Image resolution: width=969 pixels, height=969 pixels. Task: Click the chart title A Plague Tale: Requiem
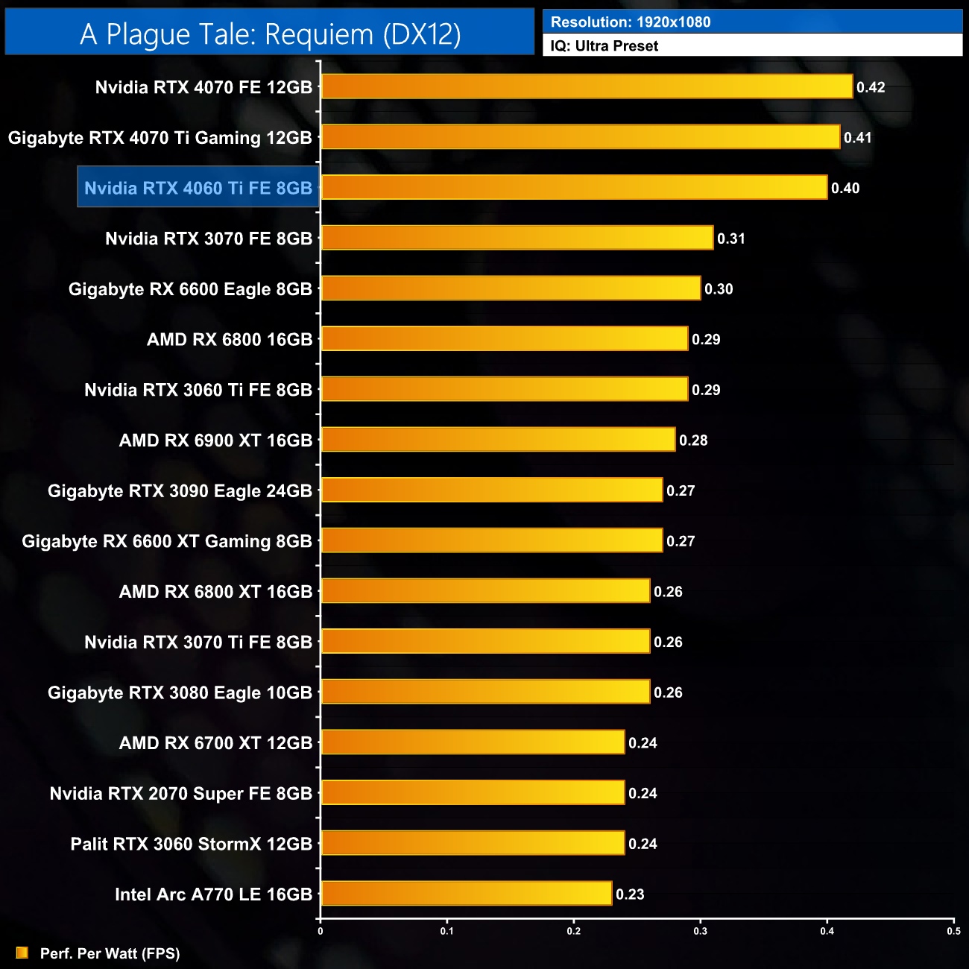270,34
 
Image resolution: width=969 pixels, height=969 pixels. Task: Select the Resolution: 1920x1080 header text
631,22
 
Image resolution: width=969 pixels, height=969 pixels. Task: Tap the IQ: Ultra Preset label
605,46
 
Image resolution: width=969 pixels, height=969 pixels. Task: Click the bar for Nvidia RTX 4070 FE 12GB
587,86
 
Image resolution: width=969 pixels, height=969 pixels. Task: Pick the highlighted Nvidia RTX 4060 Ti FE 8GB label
198,188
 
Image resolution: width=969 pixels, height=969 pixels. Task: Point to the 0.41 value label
858,138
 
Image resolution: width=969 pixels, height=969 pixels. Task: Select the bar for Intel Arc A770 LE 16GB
467,894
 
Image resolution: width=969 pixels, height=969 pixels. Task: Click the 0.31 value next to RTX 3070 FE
731,239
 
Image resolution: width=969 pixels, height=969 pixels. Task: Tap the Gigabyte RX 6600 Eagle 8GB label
190,289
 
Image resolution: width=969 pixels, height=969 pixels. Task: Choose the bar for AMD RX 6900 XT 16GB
498,440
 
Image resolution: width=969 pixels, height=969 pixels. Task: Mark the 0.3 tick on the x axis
701,930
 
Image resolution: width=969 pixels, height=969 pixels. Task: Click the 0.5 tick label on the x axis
953,930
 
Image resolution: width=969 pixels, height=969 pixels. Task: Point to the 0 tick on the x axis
321,930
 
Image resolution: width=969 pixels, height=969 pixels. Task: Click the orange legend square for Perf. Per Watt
22,953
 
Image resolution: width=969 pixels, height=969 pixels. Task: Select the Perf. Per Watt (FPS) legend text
110,953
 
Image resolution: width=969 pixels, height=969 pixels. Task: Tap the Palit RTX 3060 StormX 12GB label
192,844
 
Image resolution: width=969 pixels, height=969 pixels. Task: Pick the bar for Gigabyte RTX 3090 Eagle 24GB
492,490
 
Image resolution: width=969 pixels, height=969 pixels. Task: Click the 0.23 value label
630,894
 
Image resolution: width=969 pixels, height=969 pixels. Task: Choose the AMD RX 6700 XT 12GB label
215,743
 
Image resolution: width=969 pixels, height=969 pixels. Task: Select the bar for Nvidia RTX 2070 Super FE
473,793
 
